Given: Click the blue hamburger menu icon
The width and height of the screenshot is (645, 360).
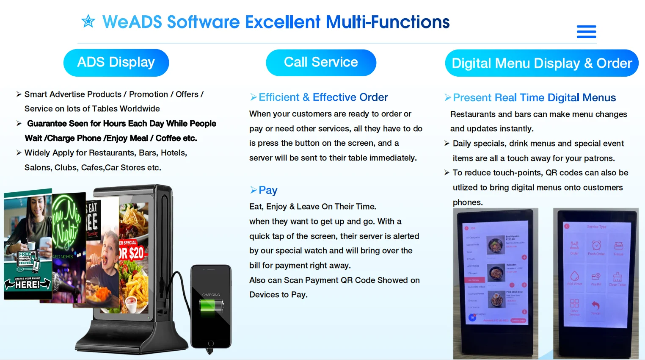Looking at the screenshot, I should point(586,31).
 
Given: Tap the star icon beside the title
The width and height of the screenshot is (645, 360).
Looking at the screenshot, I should point(88,21).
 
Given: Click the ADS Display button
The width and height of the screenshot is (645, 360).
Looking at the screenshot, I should point(116,63).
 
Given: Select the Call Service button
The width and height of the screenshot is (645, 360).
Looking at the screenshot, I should point(321,63).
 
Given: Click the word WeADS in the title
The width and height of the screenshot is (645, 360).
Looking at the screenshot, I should point(132,22).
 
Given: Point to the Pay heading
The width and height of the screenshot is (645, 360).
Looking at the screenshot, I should point(268,190).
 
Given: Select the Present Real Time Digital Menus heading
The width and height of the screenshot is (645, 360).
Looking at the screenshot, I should point(534,98).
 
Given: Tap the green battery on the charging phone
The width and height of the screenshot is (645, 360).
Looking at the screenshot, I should point(211,305).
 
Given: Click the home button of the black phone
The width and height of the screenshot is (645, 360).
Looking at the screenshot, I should point(211,343).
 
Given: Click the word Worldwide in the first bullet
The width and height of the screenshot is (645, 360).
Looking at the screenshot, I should point(139,109).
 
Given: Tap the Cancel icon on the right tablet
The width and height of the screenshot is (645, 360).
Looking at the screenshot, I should point(595,307).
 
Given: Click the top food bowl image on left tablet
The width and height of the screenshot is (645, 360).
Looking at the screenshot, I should point(495,245).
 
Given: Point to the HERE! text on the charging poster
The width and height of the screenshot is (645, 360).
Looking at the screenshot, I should point(28,285).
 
